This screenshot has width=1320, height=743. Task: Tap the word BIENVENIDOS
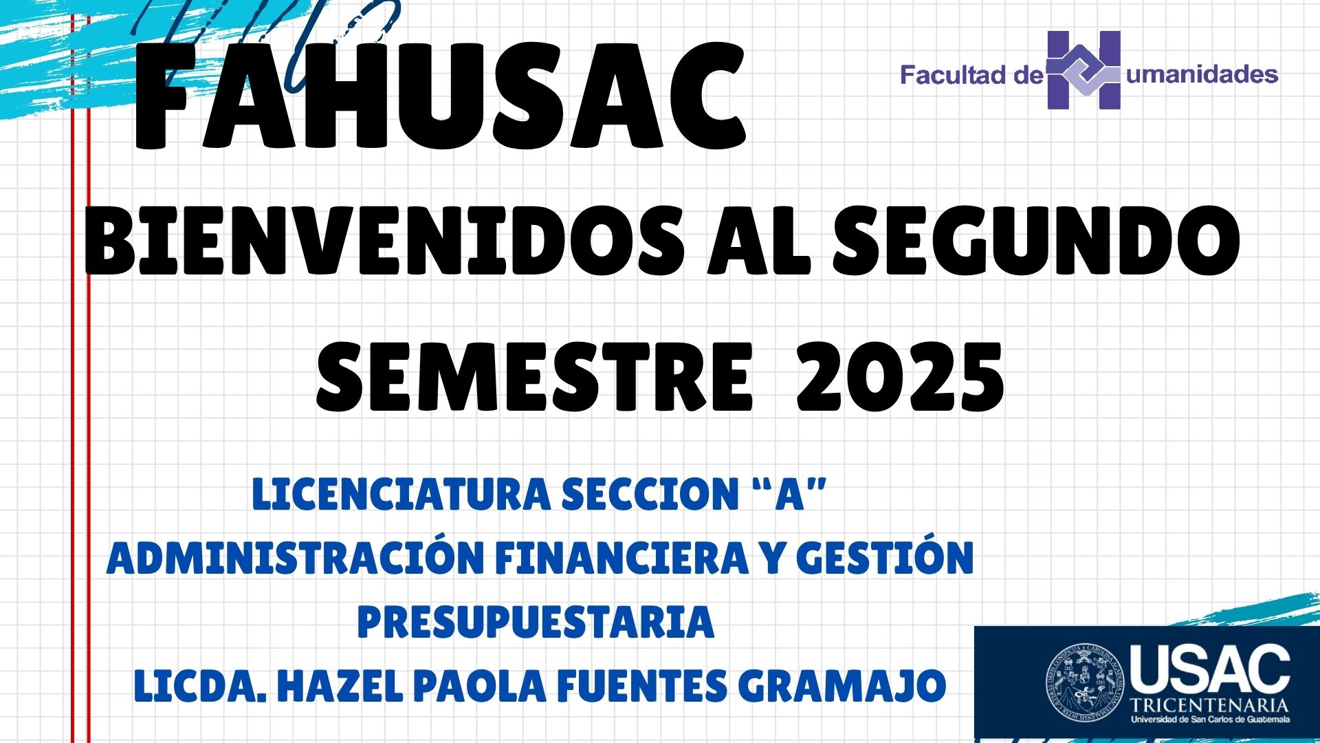tap(385, 241)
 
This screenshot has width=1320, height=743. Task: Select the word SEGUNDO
tap(1037, 241)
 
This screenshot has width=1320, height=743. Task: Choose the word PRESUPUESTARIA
tap(536, 622)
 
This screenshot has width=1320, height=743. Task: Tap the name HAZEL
tap(340, 686)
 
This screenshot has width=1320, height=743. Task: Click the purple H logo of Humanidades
tap(1083, 70)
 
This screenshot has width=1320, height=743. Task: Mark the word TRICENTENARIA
tap(1210, 705)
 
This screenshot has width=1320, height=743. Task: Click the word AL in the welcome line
tap(760, 241)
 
